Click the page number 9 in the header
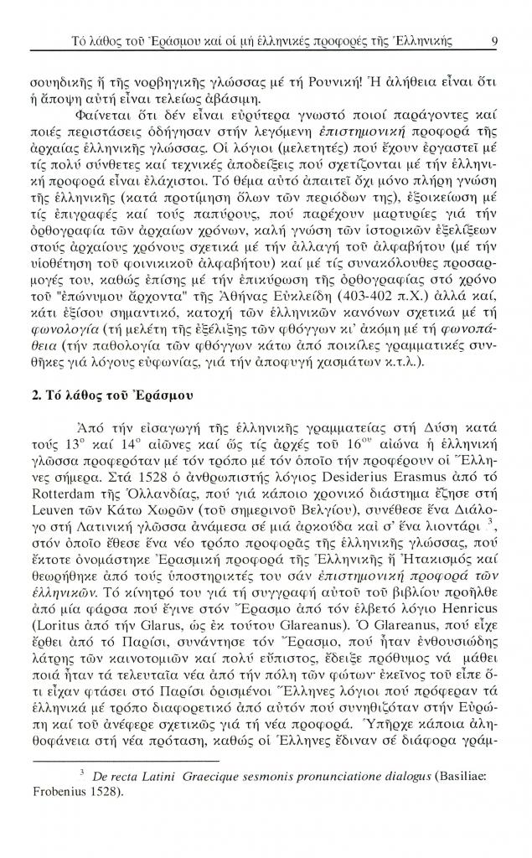[495, 40]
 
